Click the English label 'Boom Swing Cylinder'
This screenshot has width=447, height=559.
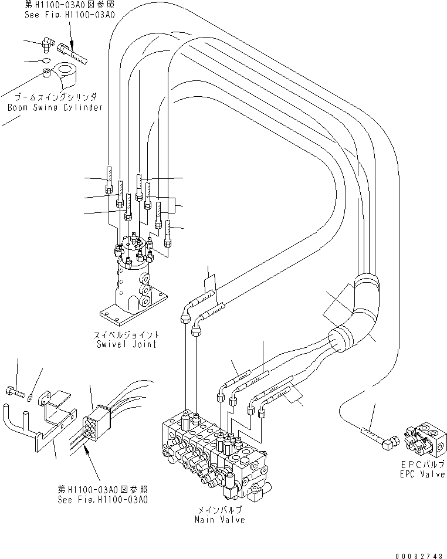55,107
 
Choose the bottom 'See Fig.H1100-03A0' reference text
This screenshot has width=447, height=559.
102,500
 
